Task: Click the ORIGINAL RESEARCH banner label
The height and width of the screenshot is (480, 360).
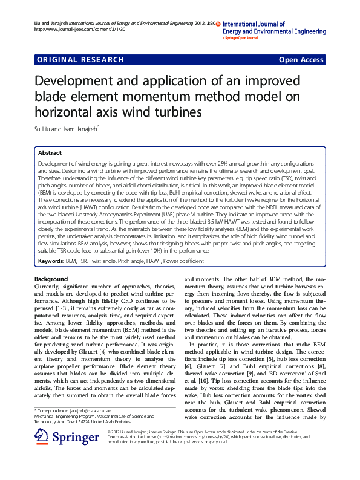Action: (80, 60)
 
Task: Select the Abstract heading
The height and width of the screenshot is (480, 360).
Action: (50, 154)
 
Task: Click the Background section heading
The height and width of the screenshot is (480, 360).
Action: (51, 279)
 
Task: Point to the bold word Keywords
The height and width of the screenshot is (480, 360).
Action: (51, 261)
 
